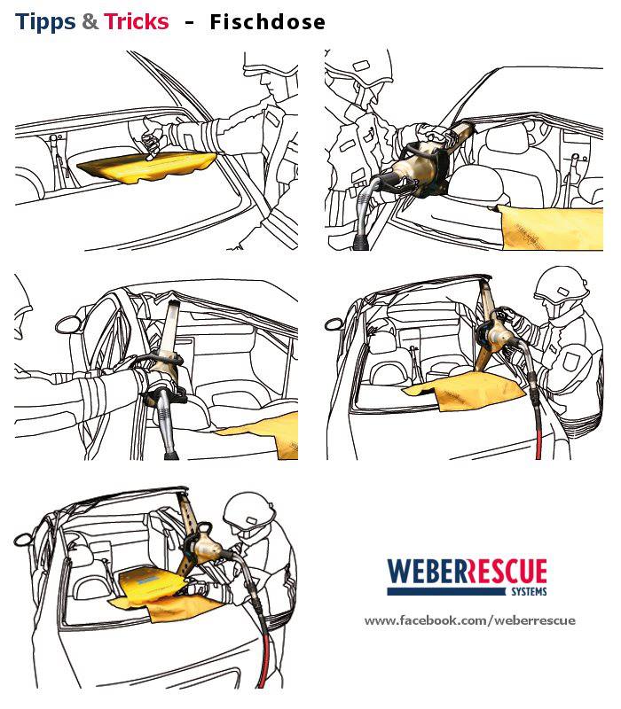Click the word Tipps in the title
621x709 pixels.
pos(45,22)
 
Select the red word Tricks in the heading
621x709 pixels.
pos(137,21)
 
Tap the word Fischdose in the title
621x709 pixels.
pos(268,21)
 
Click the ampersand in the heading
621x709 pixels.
pos(90,21)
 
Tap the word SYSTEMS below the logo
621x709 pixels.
pos(529,591)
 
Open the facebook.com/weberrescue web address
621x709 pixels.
pos(470,620)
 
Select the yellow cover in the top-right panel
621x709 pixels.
pos(550,228)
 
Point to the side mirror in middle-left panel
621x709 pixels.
pos(68,324)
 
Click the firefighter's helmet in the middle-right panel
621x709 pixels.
pos(562,284)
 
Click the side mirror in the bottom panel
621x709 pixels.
pos(23,540)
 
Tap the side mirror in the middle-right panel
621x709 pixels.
pos(334,323)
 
